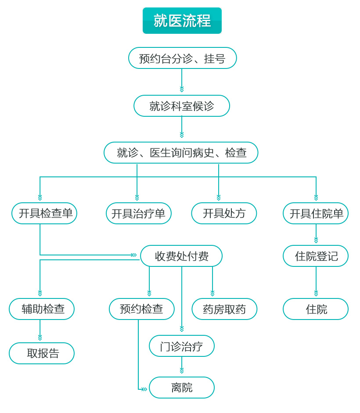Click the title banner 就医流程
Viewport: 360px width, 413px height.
(x=182, y=21)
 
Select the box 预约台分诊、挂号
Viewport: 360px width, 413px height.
(x=182, y=58)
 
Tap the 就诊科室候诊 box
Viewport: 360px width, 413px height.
(x=182, y=106)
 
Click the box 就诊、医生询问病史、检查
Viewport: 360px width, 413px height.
(x=181, y=153)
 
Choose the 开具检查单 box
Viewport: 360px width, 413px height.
(x=44, y=213)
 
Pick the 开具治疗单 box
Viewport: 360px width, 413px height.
(x=138, y=213)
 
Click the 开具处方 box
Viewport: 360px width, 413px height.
(x=224, y=213)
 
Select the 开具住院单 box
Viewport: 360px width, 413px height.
(x=316, y=213)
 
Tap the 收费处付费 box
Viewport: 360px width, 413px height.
(x=181, y=256)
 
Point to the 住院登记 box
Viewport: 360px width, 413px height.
(x=316, y=256)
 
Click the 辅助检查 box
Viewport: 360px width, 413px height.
(x=42, y=309)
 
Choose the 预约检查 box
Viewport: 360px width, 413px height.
(x=141, y=309)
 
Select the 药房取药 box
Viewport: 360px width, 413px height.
(x=224, y=309)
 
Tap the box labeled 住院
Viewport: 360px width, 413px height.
(x=316, y=309)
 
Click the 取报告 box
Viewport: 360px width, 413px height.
(x=42, y=353)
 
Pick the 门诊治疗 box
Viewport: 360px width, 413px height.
(x=182, y=346)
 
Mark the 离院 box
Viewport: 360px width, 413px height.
(x=182, y=388)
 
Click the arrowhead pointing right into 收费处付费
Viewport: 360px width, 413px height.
(x=134, y=255)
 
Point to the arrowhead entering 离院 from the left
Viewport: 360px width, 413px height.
(x=144, y=389)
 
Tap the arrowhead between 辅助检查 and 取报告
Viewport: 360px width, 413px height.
(x=40, y=338)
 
